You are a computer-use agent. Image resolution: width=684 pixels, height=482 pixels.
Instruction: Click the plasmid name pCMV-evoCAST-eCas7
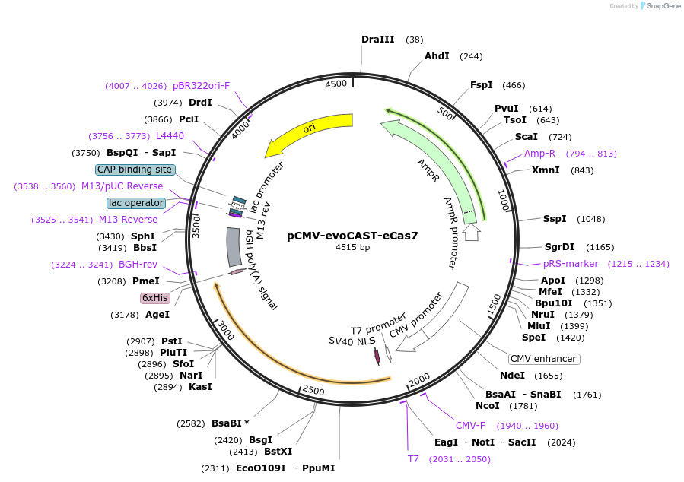(x=352, y=236)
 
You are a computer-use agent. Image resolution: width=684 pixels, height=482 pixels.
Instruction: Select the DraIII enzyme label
(x=377, y=40)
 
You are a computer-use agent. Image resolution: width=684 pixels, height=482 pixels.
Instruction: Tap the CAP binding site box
(x=135, y=170)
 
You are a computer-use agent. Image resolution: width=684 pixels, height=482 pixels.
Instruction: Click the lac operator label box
(x=136, y=203)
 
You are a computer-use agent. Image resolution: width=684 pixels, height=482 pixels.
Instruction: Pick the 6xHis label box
(x=154, y=298)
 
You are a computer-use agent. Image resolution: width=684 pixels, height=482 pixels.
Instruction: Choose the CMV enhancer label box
(x=544, y=359)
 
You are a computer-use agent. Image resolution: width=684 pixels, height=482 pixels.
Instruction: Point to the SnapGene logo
(x=659, y=6)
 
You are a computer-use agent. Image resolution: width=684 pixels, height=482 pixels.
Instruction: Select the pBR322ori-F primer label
(x=201, y=86)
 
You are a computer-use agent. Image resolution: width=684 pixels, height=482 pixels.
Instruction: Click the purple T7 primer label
(x=413, y=459)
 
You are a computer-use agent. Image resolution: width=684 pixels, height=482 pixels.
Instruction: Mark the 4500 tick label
(x=336, y=84)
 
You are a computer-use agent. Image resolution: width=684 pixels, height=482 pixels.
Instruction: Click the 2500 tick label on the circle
(x=313, y=390)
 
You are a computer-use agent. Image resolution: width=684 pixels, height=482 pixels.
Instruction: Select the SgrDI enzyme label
(x=559, y=246)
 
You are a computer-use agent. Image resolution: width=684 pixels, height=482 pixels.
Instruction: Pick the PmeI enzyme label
(x=146, y=281)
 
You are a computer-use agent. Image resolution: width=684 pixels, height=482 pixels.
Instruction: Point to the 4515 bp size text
(x=352, y=247)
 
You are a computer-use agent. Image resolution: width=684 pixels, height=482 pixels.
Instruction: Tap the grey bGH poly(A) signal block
(x=234, y=246)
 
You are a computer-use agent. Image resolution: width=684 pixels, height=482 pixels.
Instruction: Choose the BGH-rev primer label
(x=138, y=265)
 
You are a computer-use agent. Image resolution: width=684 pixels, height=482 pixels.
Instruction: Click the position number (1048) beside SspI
(x=590, y=219)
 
